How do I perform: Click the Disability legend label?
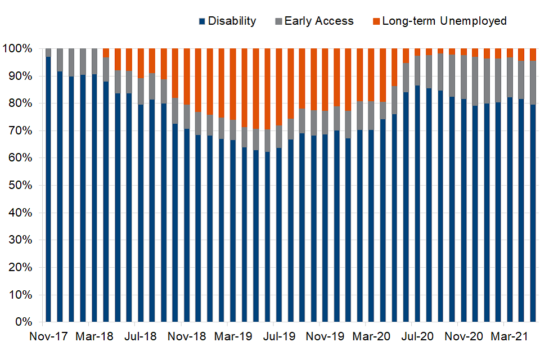click(232, 21)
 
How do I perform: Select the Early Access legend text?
click(319, 21)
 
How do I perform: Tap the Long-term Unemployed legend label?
click(444, 21)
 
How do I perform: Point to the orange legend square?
click(376, 21)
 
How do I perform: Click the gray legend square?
click(278, 21)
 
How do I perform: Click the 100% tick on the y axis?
click(21, 49)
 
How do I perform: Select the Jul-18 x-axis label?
click(141, 337)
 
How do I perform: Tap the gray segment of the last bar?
click(533, 82)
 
